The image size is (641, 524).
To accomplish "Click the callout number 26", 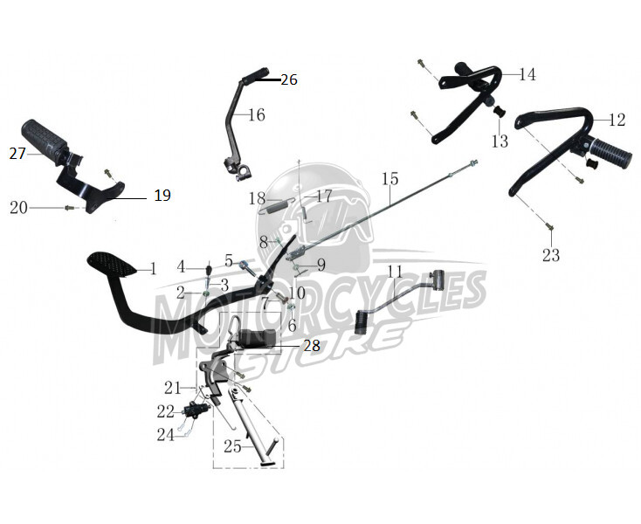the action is [289, 79].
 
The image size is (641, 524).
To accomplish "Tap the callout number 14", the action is [527, 74].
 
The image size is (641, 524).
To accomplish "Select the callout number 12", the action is [617, 121].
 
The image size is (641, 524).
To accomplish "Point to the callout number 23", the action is [551, 256].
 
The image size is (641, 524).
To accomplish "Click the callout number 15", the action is [390, 179].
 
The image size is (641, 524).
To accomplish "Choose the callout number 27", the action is [17, 154].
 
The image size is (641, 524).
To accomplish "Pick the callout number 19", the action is [162, 196].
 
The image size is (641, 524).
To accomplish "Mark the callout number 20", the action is [19, 208].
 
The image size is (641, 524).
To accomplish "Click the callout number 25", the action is [232, 446].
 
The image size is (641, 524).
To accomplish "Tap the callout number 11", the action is [396, 272].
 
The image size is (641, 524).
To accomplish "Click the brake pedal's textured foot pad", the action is [112, 264].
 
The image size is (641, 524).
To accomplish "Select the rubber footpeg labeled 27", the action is [45, 137].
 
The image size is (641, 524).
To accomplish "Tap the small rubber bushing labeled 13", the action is [498, 111].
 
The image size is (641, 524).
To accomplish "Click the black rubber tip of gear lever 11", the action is [362, 322].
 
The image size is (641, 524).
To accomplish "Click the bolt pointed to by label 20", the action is [68, 208].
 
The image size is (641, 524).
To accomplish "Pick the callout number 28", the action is [312, 346].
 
